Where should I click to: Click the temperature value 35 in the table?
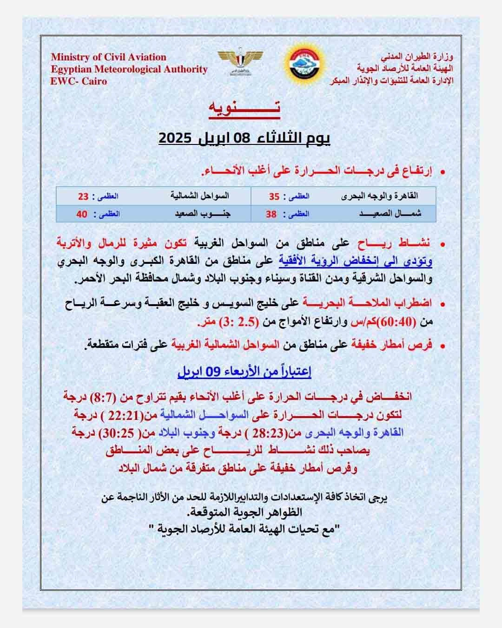[274, 196]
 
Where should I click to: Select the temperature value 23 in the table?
[83, 196]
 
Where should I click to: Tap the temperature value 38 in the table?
[271, 214]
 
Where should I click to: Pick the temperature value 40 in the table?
[82, 214]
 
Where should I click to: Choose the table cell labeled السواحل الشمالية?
[199, 196]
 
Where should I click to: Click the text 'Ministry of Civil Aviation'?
[108, 57]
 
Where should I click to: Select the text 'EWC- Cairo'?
[79, 81]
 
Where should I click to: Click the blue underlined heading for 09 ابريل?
[244, 372]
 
